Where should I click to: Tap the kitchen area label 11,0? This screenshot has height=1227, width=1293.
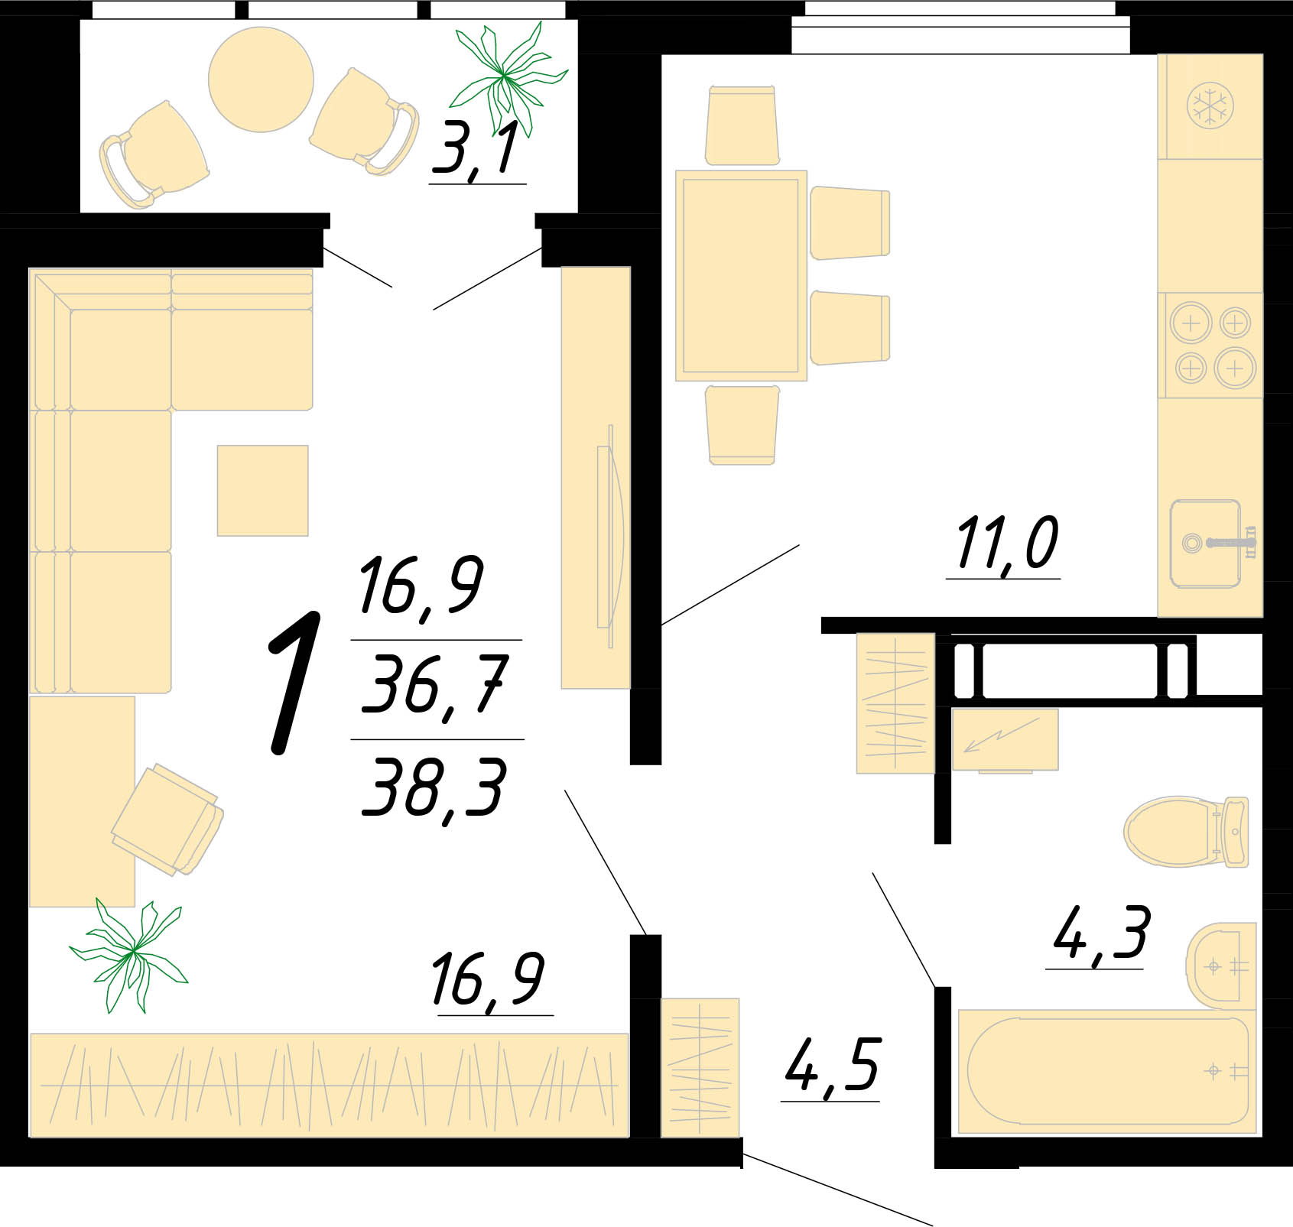tap(1006, 544)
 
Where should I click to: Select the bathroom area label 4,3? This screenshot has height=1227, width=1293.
tap(1100, 933)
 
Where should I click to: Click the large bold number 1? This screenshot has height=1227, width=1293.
tap(294, 683)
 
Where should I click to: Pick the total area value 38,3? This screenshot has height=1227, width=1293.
tap(433, 788)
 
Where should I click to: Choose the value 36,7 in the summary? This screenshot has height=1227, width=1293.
tap(434, 685)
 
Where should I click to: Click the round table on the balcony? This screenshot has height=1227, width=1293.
tap(262, 80)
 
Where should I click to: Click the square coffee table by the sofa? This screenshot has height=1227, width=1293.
tap(262, 491)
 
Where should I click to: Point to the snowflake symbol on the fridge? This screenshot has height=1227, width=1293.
tap(1210, 105)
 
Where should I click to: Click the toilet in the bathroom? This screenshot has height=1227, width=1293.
tap(1186, 832)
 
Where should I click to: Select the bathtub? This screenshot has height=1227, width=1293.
tap(1107, 1071)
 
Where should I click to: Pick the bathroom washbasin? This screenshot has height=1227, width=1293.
tap(1221, 966)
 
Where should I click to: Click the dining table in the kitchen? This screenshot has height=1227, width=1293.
tap(741, 276)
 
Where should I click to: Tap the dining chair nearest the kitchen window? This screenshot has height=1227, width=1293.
tap(742, 126)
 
